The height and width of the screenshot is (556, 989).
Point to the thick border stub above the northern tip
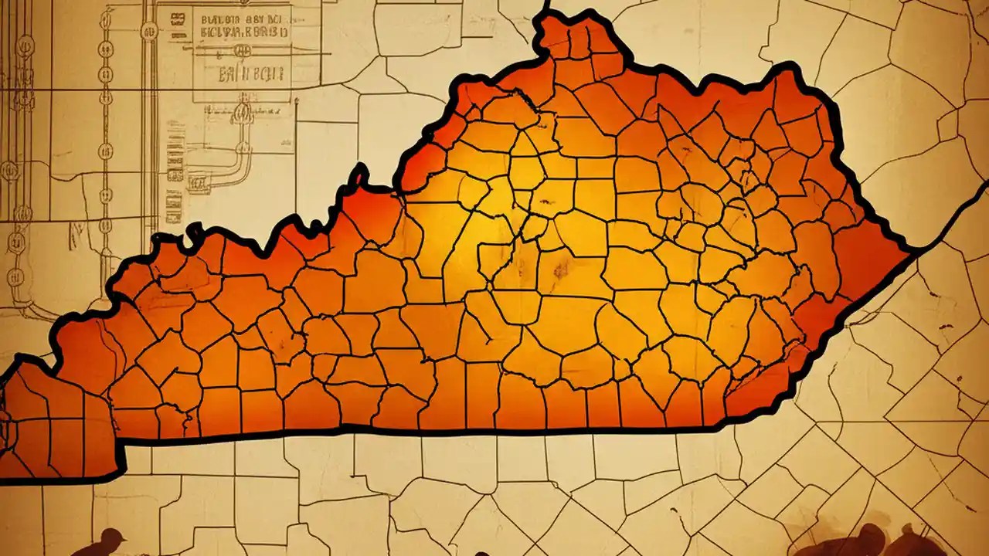[546, 6]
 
